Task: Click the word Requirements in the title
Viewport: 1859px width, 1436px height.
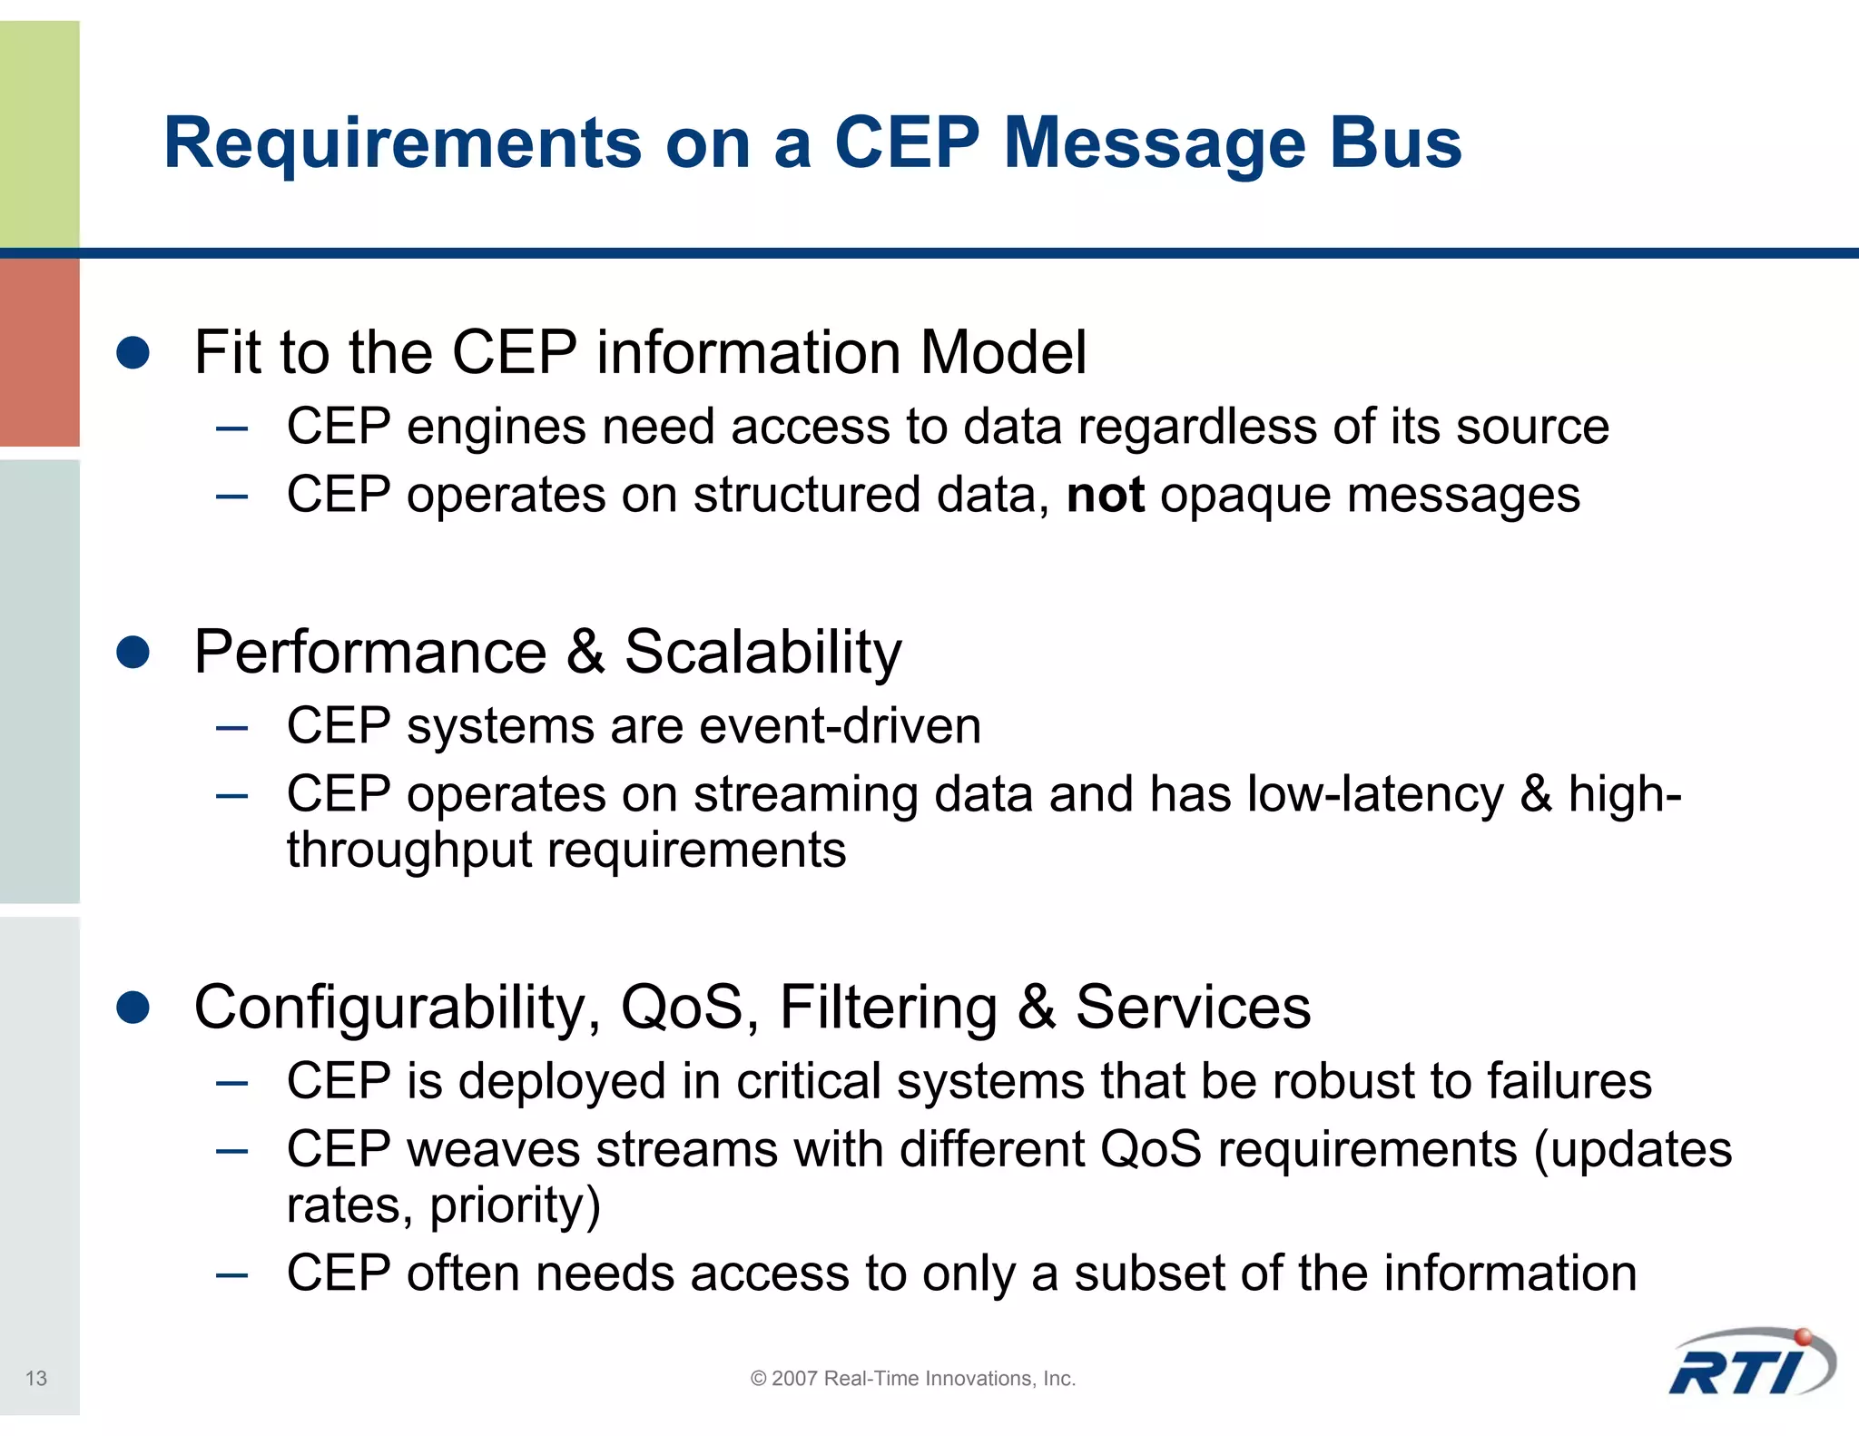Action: pos(402,143)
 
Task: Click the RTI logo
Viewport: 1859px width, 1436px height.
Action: pos(1752,1365)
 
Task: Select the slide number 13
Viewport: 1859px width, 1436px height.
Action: pos(35,1378)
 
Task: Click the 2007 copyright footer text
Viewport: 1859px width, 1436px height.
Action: pos(912,1378)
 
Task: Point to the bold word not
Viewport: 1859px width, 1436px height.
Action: pos(1105,496)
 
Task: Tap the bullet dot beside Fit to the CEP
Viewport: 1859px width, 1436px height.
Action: pos(133,352)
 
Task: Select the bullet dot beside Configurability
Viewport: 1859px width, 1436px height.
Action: pos(133,1007)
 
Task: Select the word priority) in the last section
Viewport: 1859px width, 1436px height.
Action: pos(515,1206)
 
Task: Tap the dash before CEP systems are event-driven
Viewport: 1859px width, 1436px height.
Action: pos(232,727)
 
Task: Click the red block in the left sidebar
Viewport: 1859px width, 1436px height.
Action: pos(39,352)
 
